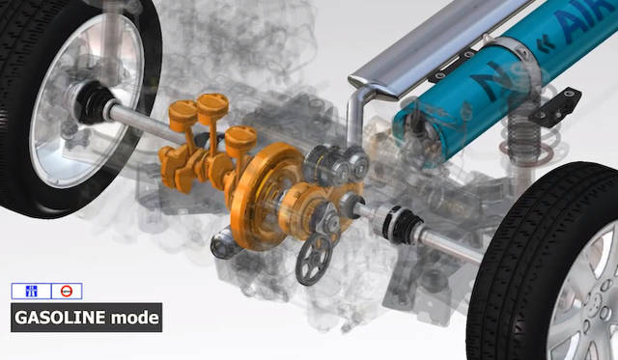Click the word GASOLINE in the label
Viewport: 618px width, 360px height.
(60, 318)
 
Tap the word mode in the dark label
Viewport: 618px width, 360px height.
(135, 318)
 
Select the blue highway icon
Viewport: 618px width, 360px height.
(31, 291)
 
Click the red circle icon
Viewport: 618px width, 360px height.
(67, 291)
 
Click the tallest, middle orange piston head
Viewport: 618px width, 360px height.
(212, 104)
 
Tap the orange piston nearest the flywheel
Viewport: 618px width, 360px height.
(240, 138)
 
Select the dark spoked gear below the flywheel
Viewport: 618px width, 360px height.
(314, 260)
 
